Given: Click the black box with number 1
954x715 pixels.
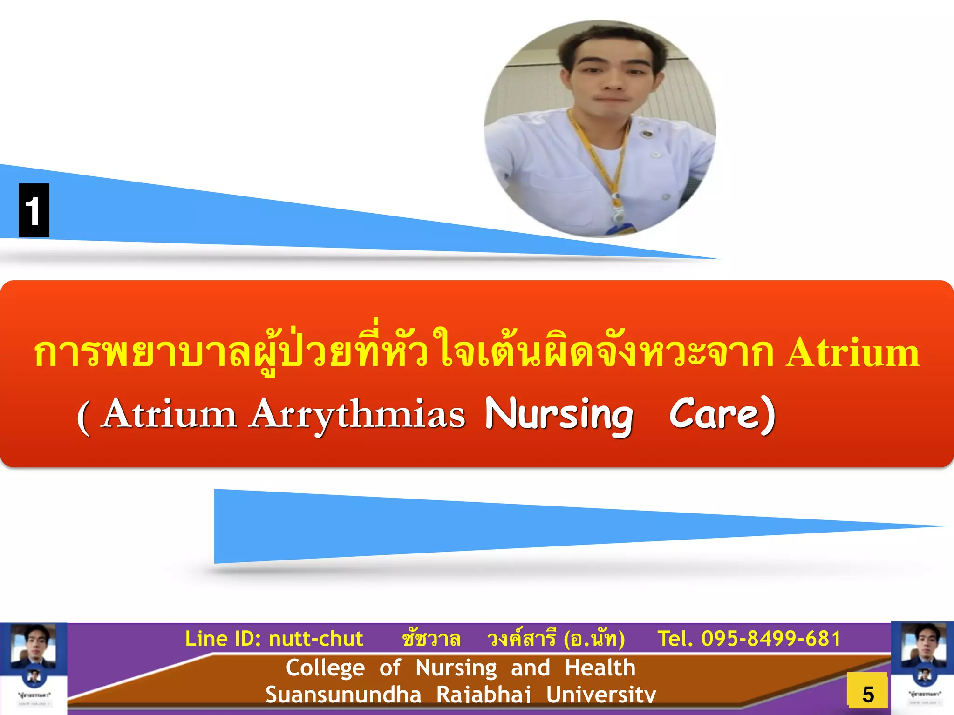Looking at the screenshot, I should pyautogui.click(x=34, y=210).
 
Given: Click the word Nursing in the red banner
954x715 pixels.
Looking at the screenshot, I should pyautogui.click(x=559, y=414).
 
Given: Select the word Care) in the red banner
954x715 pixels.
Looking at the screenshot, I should pyautogui.click(x=722, y=413).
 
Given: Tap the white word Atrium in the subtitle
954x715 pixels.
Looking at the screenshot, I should pyautogui.click(x=170, y=414).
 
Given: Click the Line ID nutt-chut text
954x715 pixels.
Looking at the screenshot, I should pyautogui.click(x=274, y=639).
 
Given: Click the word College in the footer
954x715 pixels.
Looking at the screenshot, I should pyautogui.click(x=325, y=668).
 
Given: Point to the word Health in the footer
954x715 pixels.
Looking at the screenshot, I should pyautogui.click(x=600, y=668).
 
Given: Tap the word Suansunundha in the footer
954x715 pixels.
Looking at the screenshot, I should pyautogui.click(x=343, y=695).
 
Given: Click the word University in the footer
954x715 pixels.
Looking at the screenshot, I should pyautogui.click(x=601, y=695).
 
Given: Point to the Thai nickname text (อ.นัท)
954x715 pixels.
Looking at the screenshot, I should pyautogui.click(x=594, y=639).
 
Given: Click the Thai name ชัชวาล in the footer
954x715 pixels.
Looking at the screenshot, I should pyautogui.click(x=431, y=639).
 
